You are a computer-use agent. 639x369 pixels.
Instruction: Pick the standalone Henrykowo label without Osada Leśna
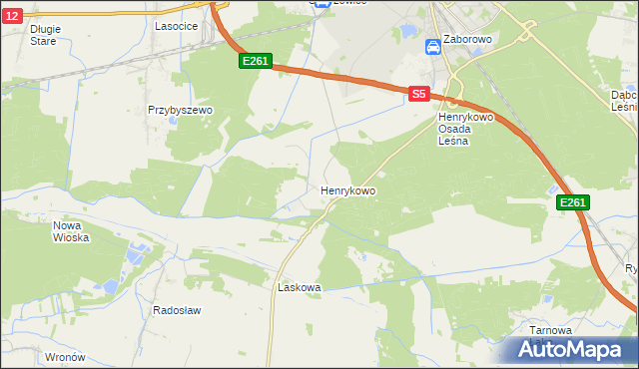(347, 189)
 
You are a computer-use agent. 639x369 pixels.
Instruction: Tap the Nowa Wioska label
(71, 231)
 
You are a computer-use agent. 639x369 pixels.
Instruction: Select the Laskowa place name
(299, 287)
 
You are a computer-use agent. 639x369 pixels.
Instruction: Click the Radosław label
(177, 310)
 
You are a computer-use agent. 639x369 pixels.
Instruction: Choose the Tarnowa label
(550, 330)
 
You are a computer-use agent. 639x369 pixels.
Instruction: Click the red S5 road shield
(419, 94)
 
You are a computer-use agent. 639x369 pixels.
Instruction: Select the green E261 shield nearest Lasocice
(255, 62)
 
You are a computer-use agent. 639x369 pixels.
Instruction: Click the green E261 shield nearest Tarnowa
(572, 203)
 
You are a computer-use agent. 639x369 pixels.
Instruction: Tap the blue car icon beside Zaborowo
(432, 46)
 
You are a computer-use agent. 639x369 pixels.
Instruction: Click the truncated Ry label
(631, 268)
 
